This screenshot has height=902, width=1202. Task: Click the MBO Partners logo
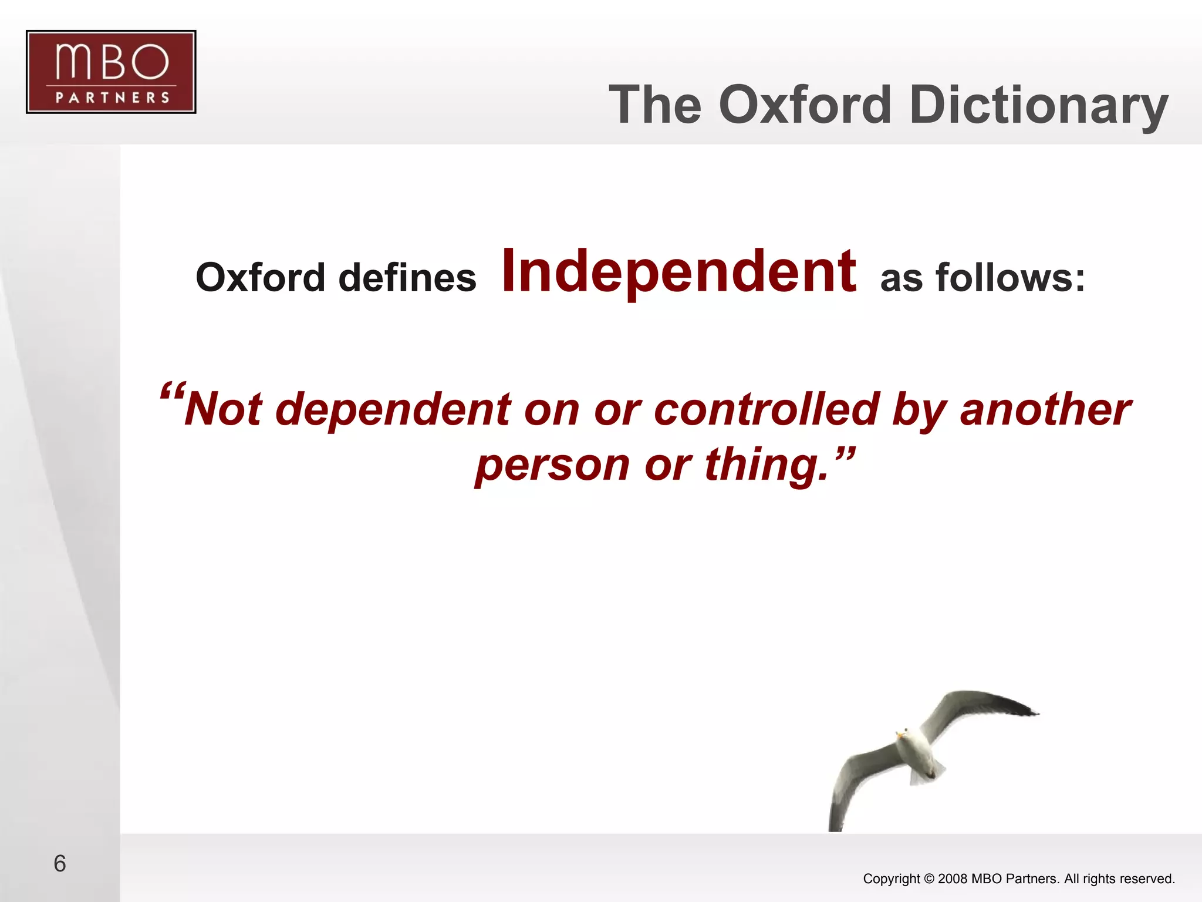111,72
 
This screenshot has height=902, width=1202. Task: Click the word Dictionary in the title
1038,105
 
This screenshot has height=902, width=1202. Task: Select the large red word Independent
678,271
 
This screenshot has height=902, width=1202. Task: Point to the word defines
407,277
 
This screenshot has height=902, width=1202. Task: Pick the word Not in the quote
224,409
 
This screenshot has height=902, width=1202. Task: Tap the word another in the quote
1045,409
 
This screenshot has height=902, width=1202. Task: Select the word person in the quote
552,465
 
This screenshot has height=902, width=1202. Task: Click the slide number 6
59,863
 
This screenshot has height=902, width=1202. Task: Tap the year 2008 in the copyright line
953,879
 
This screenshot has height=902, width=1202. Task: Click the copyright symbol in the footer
928,879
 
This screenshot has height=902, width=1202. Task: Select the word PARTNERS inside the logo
112,97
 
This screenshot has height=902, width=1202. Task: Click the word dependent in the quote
393,409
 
